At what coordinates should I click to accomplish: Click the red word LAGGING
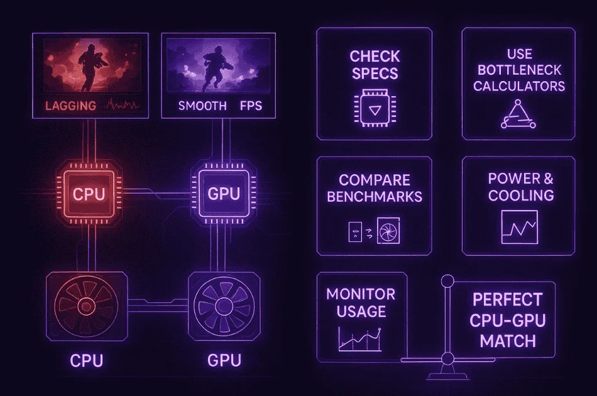point(70,105)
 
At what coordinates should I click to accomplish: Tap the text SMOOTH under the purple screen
point(202,106)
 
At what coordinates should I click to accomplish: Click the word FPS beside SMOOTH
point(251,106)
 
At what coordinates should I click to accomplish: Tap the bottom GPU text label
point(224,361)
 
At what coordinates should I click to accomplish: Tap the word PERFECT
point(507,299)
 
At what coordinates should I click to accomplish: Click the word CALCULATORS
point(519,85)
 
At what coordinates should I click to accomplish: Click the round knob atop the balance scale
point(447,280)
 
